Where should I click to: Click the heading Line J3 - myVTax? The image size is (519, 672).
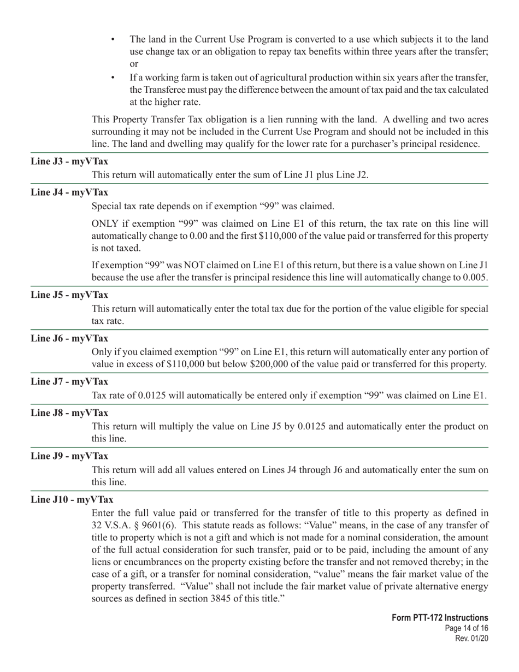[x=69, y=161]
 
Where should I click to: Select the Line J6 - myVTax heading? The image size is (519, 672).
[x=69, y=338]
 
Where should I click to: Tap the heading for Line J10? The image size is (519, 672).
[x=72, y=499]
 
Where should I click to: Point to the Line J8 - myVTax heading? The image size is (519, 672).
[x=69, y=412]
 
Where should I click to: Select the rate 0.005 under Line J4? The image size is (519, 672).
[x=475, y=277]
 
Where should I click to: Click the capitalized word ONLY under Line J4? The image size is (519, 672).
[x=105, y=223]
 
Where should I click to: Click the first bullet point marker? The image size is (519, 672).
[x=113, y=40]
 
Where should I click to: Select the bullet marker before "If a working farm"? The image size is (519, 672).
[x=113, y=78]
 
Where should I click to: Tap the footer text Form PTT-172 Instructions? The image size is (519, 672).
[x=440, y=618]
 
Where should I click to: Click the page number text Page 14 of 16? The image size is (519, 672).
[x=467, y=628]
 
